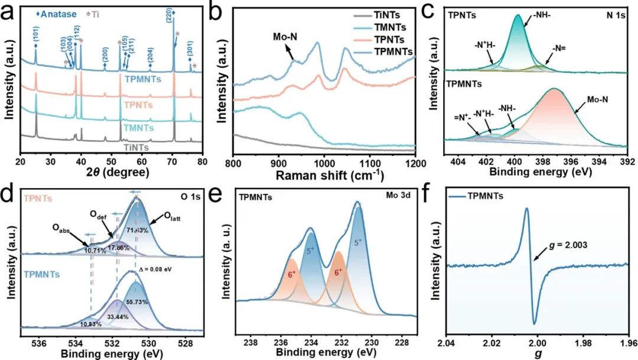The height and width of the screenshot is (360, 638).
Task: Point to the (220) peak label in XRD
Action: (171, 11)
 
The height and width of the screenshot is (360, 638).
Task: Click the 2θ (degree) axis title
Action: (111, 173)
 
